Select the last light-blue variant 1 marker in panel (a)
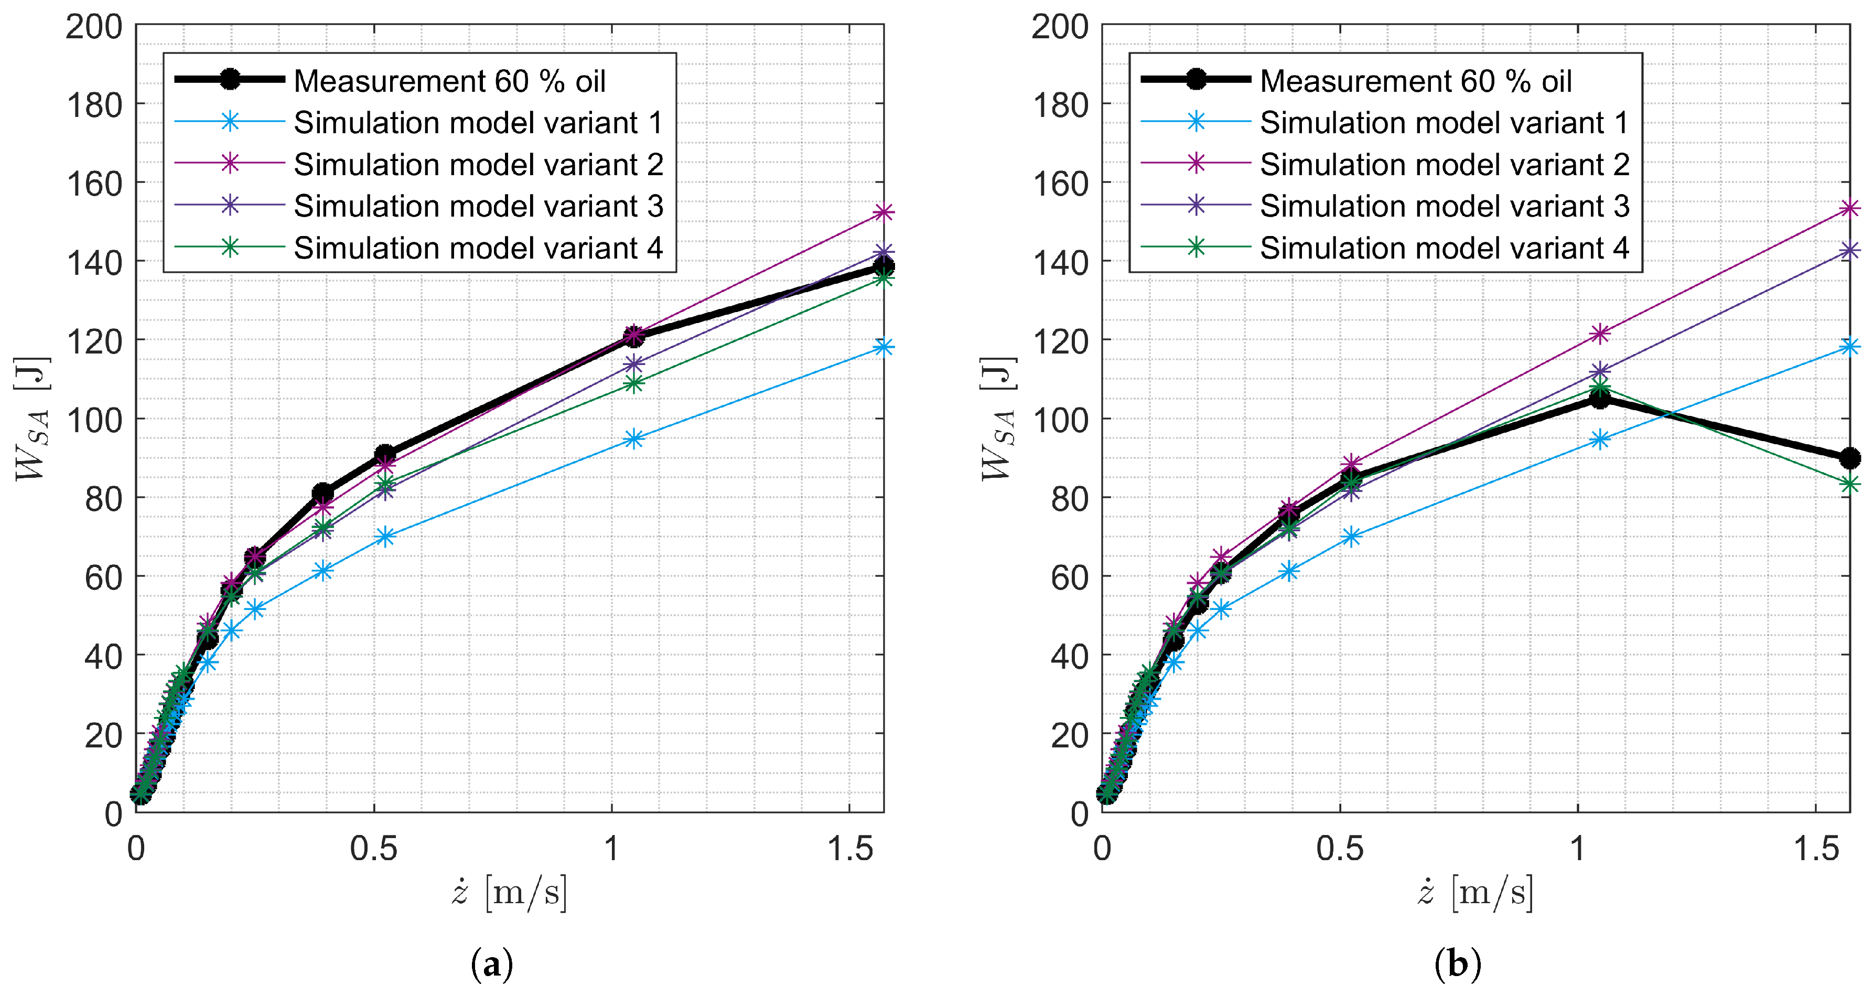pyautogui.click(x=883, y=347)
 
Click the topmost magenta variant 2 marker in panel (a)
pyautogui.click(x=883, y=212)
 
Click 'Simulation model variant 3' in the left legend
pyautogui.click(x=478, y=206)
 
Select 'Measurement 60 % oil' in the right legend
pyautogui.click(x=1415, y=81)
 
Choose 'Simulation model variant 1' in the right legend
pyautogui.click(x=1444, y=122)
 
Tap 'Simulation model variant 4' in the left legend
pyautogui.click(x=478, y=248)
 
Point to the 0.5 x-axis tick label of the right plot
pyautogui.click(x=1339, y=849)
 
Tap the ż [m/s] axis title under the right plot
pyautogui.click(x=1475, y=892)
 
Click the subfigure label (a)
pyautogui.click(x=492, y=965)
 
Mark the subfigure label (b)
pyautogui.click(x=1457, y=965)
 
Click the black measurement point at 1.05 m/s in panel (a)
pyautogui.click(x=633, y=336)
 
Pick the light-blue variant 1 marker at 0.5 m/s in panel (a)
pyautogui.click(x=385, y=537)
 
